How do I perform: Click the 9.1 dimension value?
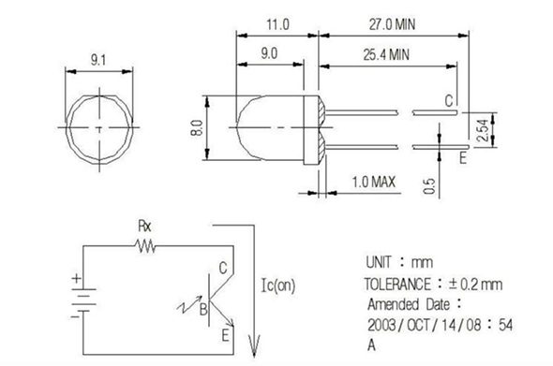(98, 60)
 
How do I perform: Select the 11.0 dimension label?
(277, 24)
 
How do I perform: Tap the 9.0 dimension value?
(269, 53)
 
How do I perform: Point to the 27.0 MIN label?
(392, 24)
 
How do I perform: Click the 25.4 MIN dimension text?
(386, 54)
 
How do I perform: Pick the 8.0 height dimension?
(197, 127)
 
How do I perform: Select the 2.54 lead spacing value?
(483, 130)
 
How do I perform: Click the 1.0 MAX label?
(374, 182)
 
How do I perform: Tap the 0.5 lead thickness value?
(429, 186)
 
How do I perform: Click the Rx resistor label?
(144, 227)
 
